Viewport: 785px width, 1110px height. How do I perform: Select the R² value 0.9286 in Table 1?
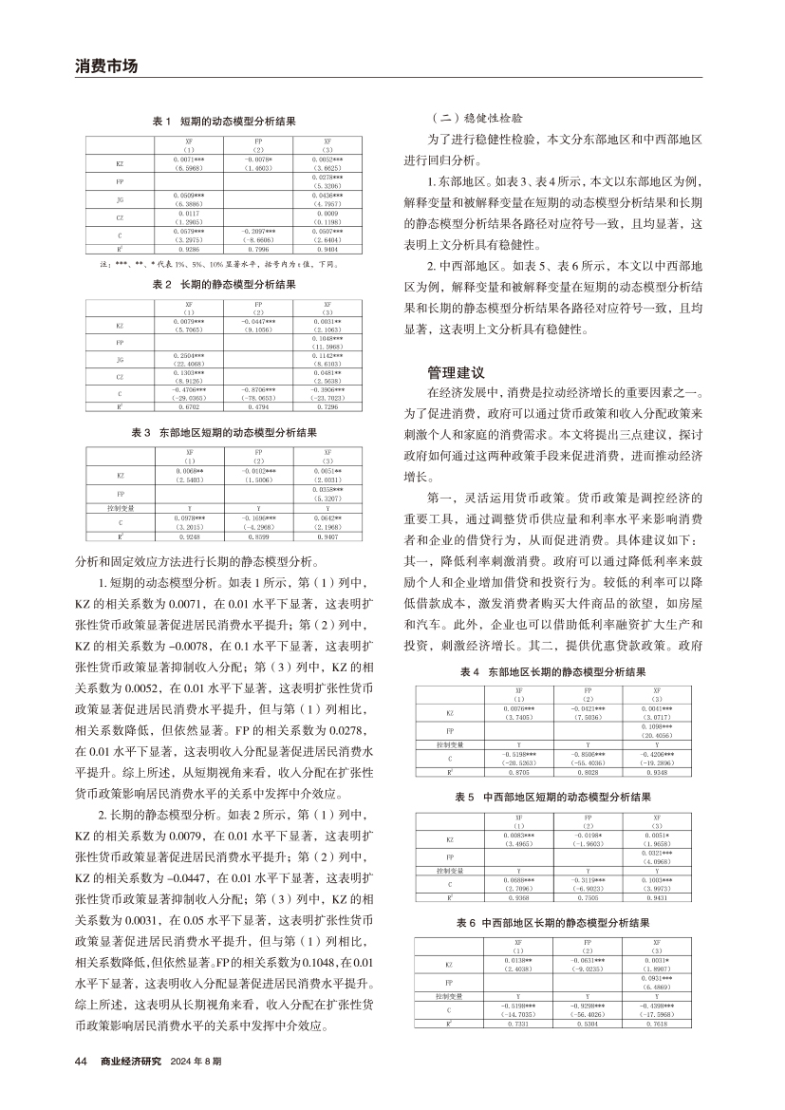(188, 249)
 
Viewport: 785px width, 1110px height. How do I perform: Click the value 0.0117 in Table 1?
(188, 214)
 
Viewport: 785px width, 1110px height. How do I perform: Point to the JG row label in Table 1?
(120, 199)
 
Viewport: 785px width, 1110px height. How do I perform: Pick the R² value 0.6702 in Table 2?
(188, 407)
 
